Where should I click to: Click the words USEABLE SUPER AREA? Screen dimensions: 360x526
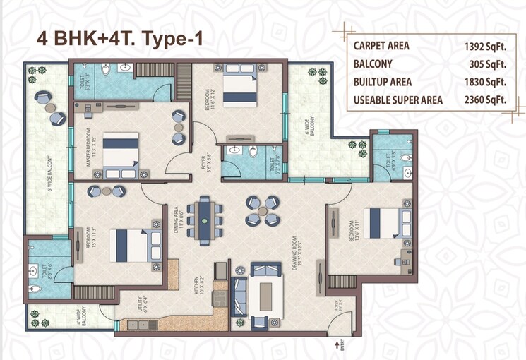[x=398, y=100]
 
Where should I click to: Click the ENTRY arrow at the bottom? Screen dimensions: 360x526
[x=335, y=344]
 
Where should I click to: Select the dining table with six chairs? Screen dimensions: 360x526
[x=205, y=221]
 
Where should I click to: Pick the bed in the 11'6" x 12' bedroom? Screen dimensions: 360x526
[x=237, y=89]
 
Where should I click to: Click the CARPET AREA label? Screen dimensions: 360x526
[x=381, y=47]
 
